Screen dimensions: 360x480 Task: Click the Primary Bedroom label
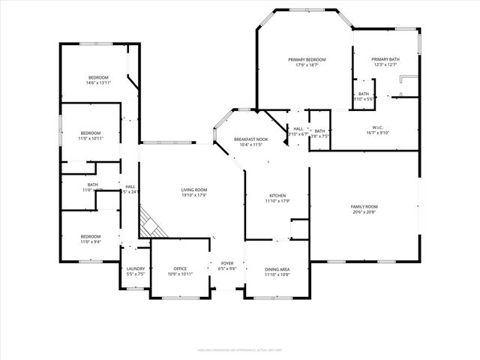coord(307,59)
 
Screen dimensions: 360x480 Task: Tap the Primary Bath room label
coord(385,59)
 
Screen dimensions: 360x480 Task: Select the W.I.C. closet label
coord(377,127)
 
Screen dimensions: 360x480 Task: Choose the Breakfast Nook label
coord(250,139)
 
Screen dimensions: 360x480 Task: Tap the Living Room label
coord(193,190)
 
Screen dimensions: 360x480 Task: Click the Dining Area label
coord(277,269)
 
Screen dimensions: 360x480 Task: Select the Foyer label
coord(226,263)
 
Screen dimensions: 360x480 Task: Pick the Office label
coord(180,268)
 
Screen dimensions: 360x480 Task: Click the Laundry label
coord(136,268)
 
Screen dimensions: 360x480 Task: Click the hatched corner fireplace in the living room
coord(150,224)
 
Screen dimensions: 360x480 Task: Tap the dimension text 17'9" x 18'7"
coord(307,65)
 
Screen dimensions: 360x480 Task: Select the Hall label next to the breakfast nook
coord(298,130)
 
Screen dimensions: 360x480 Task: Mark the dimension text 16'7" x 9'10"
coord(377,133)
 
